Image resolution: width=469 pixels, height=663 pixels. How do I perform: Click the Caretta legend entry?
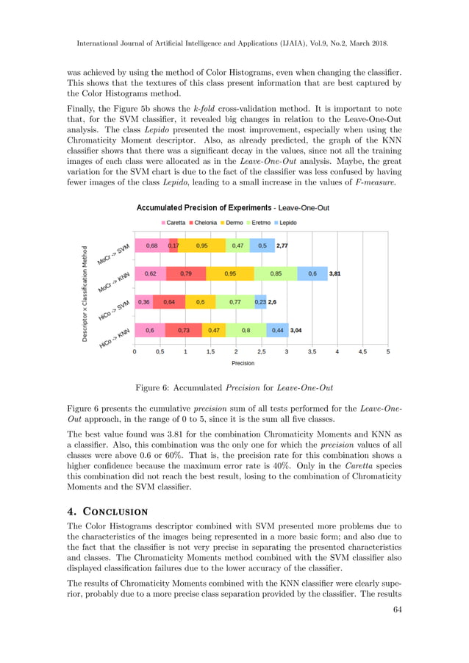click(173, 222)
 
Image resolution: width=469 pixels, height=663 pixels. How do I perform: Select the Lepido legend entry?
click(284, 222)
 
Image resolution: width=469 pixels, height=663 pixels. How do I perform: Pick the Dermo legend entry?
click(231, 222)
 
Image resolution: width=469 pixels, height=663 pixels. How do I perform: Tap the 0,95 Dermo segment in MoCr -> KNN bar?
click(230, 273)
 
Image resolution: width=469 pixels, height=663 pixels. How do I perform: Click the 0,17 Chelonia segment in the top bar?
click(173, 246)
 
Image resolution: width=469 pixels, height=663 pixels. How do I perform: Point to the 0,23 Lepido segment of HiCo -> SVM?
click(260, 302)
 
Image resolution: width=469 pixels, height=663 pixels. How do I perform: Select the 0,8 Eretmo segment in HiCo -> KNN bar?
click(246, 331)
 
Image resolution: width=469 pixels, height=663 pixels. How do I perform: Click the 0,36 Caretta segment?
click(143, 302)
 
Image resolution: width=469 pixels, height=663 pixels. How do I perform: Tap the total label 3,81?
click(335, 273)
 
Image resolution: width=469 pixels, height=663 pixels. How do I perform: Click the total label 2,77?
click(282, 246)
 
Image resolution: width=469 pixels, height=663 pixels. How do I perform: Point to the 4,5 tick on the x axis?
click(362, 352)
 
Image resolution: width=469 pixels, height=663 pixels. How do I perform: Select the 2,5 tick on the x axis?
click(261, 352)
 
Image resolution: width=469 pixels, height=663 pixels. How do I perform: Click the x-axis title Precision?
click(243, 363)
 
